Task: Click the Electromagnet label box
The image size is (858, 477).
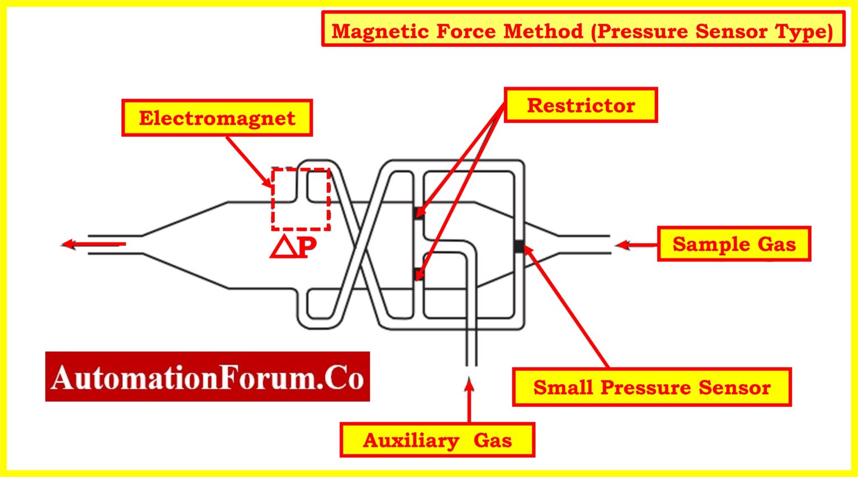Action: point(217,118)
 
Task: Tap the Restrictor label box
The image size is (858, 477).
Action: point(580,105)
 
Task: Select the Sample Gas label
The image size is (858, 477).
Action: point(733,244)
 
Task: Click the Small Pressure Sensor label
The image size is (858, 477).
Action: point(651,387)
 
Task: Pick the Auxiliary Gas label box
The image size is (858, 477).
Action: point(437,440)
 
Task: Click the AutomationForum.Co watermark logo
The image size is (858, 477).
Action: point(207,377)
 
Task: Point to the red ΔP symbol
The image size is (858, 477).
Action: point(293,247)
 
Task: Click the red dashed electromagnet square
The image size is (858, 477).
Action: point(301,199)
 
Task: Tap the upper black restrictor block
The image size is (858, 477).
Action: point(418,213)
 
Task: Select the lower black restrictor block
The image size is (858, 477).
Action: point(418,274)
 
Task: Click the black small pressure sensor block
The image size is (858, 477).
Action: point(519,246)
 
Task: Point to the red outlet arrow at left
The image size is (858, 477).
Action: point(92,244)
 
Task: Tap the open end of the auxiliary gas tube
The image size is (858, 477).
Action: point(471,365)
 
